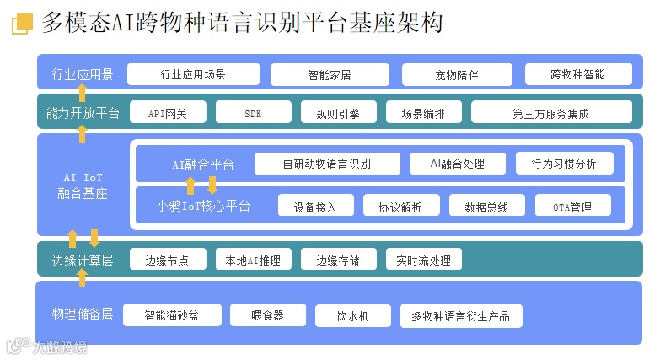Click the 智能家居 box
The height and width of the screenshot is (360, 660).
click(x=329, y=74)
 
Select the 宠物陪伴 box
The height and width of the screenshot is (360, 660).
click(x=456, y=74)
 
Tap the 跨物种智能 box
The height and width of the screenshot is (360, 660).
click(x=577, y=74)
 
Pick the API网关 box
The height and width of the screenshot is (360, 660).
click(x=167, y=113)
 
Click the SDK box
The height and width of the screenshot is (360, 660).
click(x=253, y=113)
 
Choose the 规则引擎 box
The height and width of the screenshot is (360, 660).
click(x=337, y=113)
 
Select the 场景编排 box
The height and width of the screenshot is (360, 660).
click(x=422, y=113)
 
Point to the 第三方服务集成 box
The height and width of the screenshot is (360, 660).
click(x=550, y=113)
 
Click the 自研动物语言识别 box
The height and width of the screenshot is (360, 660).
click(x=326, y=164)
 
